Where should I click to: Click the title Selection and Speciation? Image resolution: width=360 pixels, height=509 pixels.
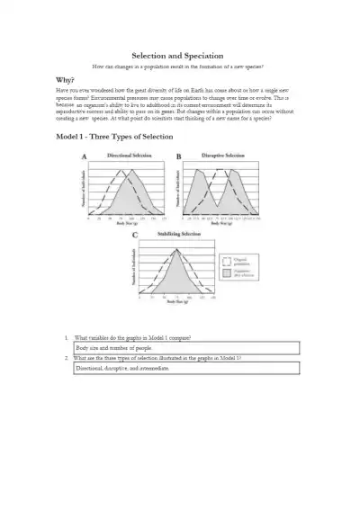[179, 55]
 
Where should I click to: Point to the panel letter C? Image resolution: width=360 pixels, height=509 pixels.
[134, 236]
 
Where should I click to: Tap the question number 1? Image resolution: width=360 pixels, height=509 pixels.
[67, 337]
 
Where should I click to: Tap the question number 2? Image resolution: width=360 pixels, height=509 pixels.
[67, 358]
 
